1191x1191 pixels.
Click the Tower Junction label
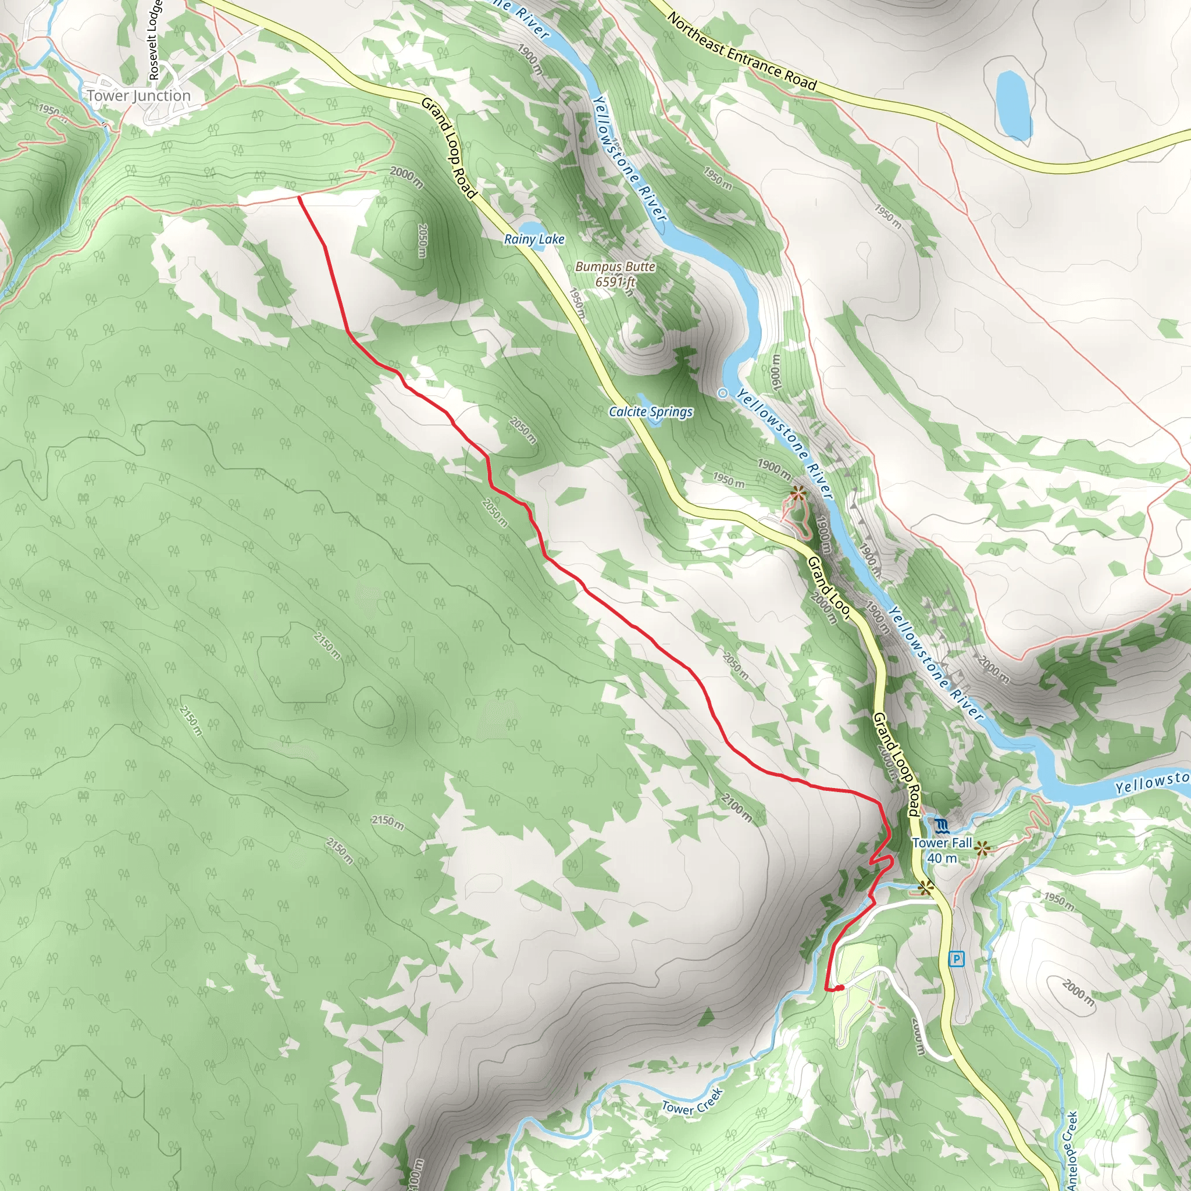[139, 95]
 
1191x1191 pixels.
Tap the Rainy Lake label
[534, 239]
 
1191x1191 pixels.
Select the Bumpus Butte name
[615, 267]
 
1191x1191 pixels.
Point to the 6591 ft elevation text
[615, 281]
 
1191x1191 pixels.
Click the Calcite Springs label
[650, 412]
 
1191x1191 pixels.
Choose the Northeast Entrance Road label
[741, 52]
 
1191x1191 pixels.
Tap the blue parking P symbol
[956, 958]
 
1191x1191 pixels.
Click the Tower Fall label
[942, 843]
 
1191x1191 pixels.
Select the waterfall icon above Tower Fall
[942, 825]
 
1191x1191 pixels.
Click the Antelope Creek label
[1072, 1150]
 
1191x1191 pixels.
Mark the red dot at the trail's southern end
[840, 988]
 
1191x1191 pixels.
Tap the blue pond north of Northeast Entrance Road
[1014, 105]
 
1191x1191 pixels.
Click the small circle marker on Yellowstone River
[722, 393]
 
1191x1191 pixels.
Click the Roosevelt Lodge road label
[155, 40]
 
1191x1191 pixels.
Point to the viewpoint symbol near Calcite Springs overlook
[798, 493]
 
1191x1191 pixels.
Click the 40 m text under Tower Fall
[942, 858]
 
